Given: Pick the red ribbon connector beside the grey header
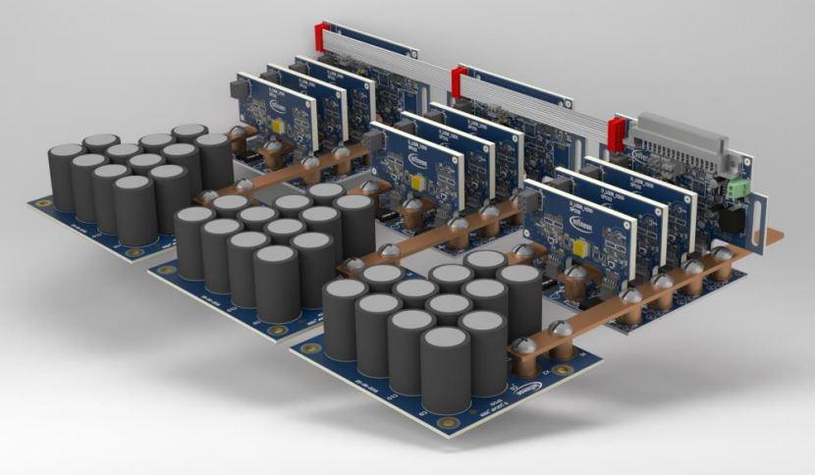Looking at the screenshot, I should [x=618, y=132].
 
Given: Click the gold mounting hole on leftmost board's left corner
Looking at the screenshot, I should [x=44, y=204].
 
